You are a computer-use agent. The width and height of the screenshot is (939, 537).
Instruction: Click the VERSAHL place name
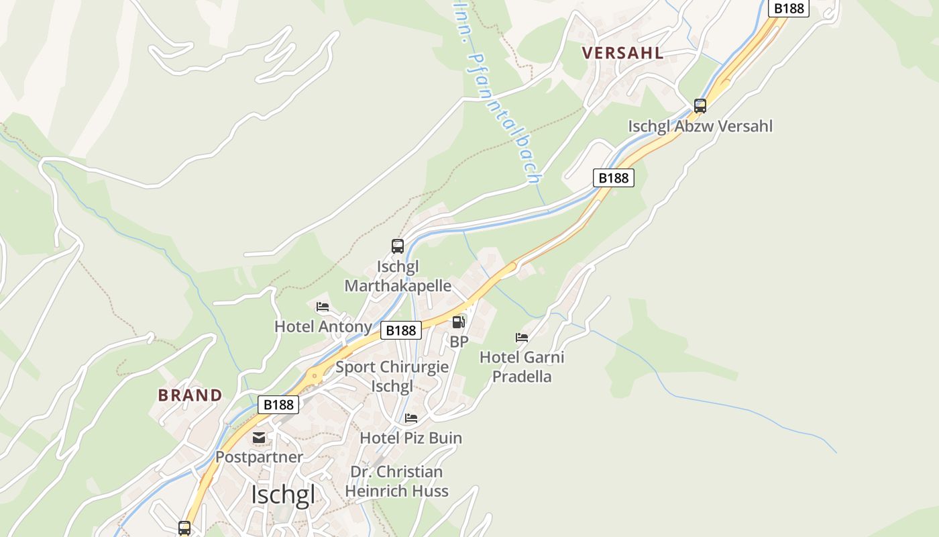coord(622,53)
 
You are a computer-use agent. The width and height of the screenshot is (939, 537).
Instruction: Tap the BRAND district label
coord(190,395)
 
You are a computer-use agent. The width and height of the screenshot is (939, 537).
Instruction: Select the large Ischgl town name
coord(282,495)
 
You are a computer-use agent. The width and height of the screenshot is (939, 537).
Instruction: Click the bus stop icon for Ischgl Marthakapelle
coord(398,246)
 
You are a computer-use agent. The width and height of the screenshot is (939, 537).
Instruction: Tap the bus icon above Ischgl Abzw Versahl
coord(700,106)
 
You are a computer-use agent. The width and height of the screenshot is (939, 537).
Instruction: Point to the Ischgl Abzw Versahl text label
coord(700,126)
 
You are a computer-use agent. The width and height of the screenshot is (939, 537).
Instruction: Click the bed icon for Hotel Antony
coord(323,307)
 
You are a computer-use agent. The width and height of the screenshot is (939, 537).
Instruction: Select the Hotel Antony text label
coord(323,327)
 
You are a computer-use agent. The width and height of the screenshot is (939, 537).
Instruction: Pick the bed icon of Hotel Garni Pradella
coord(522,337)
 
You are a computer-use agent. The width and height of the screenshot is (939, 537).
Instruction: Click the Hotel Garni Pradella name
coord(522,367)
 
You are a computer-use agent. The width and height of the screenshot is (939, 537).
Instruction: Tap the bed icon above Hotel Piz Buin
coord(411,418)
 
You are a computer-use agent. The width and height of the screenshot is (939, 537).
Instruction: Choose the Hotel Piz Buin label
coord(411,438)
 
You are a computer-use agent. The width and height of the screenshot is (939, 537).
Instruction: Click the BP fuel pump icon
coord(459,322)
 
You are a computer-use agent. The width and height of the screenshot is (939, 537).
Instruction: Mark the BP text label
coord(459,342)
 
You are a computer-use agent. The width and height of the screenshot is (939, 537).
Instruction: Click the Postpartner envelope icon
coord(259,438)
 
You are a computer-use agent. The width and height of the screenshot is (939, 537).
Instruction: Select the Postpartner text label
coord(259,457)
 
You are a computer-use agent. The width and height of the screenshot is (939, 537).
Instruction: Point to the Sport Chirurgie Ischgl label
coord(392,377)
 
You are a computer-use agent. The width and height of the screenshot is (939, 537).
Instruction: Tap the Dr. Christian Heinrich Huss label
coord(396,481)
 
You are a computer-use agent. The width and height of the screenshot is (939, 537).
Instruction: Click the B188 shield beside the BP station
coord(401,330)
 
